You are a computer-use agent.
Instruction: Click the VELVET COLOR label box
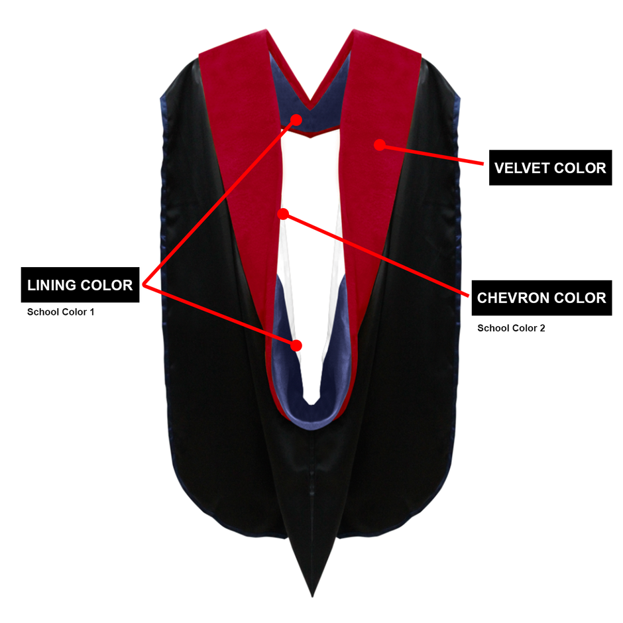tap(550, 168)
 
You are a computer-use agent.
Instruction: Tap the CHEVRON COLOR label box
tap(541, 298)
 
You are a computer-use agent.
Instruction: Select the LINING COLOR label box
tap(80, 285)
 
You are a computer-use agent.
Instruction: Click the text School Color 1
tap(61, 312)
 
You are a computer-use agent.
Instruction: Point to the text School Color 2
tap(511, 328)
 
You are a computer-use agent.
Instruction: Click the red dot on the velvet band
tap(380, 145)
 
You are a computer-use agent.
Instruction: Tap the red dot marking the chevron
tap(283, 214)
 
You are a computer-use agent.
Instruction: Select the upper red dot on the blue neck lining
tap(296, 119)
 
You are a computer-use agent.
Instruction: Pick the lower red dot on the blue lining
tap(296, 346)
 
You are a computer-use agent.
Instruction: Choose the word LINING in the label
tap(52, 285)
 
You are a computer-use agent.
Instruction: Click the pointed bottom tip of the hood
tap(312, 596)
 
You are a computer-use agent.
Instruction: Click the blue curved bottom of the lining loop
tap(312, 419)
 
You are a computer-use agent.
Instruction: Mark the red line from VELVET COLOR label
tap(432, 154)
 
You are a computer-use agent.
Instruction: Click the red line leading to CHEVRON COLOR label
tap(376, 255)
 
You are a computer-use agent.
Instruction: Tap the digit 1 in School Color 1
tap(92, 312)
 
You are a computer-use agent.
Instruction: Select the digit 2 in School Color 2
tap(542, 328)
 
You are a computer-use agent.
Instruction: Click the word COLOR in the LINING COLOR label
tap(107, 285)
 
